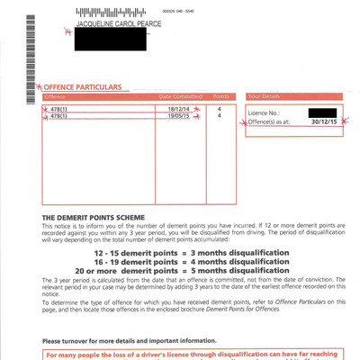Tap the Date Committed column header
[180, 95]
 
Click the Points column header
[220, 95]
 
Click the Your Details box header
[265, 95]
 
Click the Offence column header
[56, 95]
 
